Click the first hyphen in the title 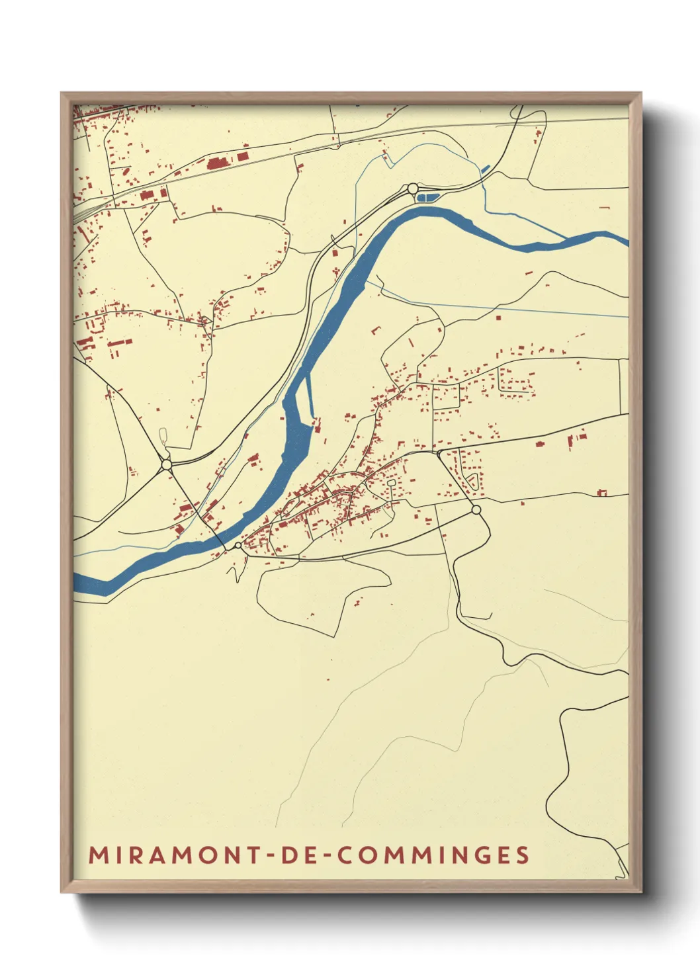[x=271, y=855]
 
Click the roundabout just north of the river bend [x=413, y=189]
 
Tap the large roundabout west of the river [x=166, y=465]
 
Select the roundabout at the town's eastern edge [x=476, y=509]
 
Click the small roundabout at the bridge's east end [x=238, y=546]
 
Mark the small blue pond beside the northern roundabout [x=428, y=196]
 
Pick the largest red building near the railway [x=216, y=163]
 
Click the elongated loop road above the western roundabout [x=163, y=437]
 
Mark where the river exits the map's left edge [x=75, y=583]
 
